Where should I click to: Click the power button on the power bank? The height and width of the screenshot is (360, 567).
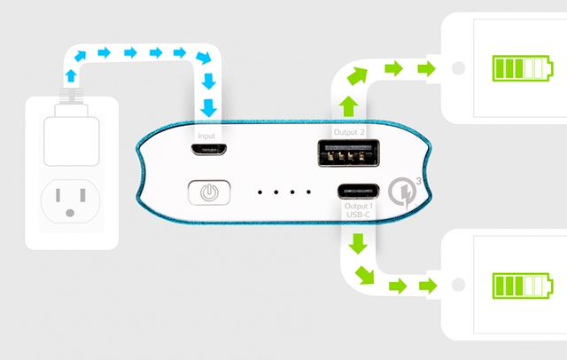point(209,192)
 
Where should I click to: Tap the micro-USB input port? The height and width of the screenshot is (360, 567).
point(209,149)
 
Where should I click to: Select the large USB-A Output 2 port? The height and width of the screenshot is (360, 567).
point(348,153)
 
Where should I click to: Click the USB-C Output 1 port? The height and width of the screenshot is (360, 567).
point(358,191)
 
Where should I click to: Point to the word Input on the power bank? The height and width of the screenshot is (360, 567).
point(206,136)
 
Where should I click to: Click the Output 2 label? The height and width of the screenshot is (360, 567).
point(349,132)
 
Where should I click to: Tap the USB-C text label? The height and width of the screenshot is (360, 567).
point(358,215)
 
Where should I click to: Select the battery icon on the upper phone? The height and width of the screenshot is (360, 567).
point(523,68)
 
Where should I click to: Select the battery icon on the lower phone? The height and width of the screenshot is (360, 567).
point(523,286)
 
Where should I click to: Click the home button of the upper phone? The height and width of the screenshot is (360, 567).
point(458,68)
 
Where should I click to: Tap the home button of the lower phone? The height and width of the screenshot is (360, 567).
point(458,285)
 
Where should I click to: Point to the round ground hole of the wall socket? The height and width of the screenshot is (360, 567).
point(70,214)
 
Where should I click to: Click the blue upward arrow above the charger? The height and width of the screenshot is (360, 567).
point(71,75)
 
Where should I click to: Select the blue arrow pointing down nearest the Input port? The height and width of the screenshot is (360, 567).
point(209,108)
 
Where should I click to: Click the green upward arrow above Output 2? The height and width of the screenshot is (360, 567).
point(348,106)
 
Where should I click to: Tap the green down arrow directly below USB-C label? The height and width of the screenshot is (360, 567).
point(358,244)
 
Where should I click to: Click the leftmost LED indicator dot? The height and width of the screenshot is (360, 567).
point(260,192)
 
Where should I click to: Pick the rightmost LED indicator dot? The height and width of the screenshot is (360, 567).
point(308,192)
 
